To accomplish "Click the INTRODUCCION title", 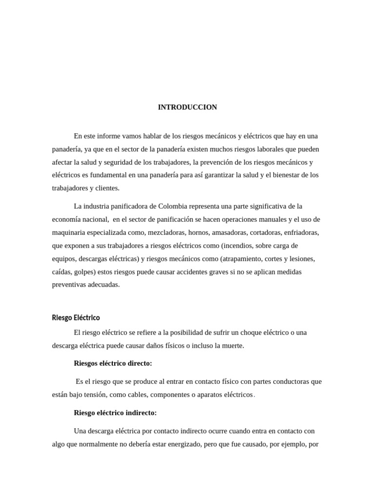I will click(187, 107).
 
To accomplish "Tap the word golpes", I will click(83, 272).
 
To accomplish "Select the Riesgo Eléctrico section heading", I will click(76, 318).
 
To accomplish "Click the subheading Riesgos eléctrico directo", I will click(113, 363).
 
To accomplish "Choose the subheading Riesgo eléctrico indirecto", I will click(115, 413).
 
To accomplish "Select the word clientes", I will click(107, 188).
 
